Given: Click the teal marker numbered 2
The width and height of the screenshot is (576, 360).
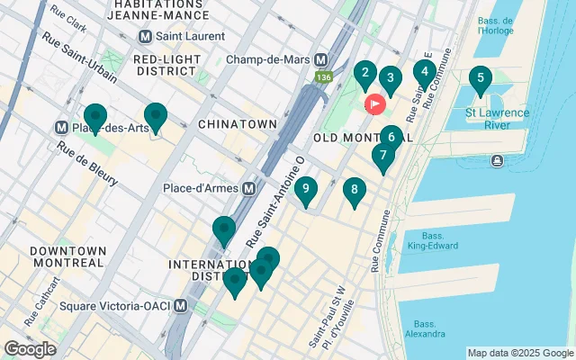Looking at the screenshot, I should click(x=364, y=74).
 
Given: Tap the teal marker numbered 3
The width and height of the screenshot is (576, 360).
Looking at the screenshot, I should click(x=390, y=78).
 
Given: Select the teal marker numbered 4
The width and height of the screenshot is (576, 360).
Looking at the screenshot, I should click(x=424, y=72).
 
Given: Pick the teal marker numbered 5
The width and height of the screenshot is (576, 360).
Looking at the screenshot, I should click(x=480, y=79).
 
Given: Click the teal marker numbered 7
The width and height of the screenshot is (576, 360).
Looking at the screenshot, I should click(x=383, y=156).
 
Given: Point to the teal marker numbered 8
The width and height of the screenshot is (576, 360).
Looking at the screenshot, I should click(x=355, y=190).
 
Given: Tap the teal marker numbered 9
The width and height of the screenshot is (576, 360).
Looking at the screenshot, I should click(x=306, y=189).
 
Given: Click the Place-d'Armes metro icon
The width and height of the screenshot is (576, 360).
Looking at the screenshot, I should click(x=248, y=189).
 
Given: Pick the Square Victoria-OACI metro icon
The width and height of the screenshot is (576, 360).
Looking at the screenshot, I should click(x=181, y=305).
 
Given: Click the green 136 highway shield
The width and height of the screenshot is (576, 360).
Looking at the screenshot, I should click(x=321, y=78).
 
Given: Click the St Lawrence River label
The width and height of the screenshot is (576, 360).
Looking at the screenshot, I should click(x=497, y=119).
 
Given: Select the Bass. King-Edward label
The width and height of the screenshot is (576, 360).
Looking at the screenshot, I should click(x=427, y=238).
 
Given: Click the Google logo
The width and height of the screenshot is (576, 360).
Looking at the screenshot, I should click(x=30, y=348).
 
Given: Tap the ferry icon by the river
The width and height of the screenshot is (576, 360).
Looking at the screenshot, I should click(x=497, y=160).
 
